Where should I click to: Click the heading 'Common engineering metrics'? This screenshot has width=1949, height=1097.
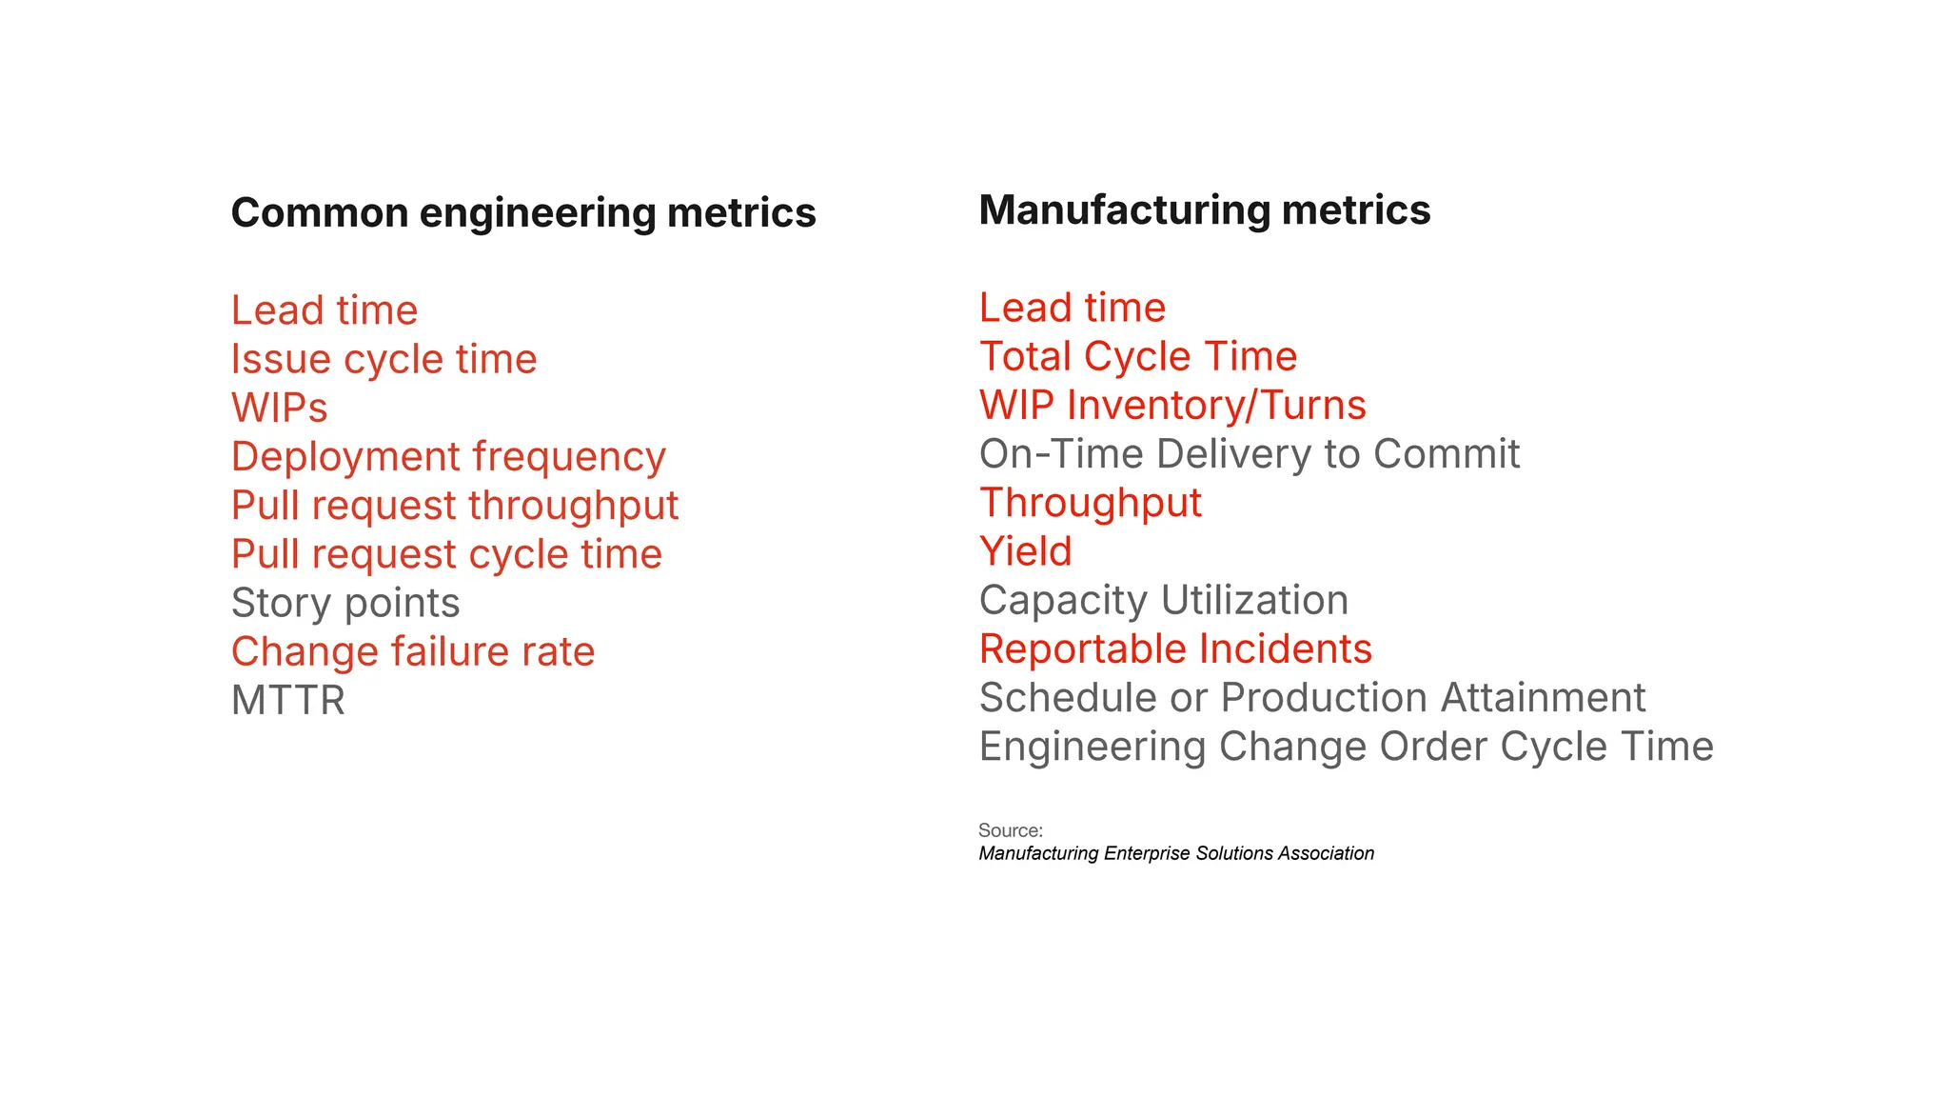(523, 212)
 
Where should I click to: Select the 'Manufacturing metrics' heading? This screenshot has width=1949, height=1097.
(1204, 209)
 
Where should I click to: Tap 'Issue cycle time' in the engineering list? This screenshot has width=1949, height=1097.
(384, 359)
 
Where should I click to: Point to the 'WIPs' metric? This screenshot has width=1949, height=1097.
(279, 409)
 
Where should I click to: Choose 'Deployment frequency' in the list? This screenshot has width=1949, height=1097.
(448, 457)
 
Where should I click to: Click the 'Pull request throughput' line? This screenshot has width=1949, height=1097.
(455, 506)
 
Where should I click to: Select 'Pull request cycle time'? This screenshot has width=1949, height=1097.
(446, 554)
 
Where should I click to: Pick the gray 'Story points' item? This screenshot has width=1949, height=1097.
(345, 603)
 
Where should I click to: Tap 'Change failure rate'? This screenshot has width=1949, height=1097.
(413, 651)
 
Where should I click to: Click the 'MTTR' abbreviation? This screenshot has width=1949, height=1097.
(287, 701)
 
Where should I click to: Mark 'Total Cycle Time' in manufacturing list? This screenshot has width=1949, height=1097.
(1138, 356)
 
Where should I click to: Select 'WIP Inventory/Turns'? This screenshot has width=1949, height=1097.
(1172, 405)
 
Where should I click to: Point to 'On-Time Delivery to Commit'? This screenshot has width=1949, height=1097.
(1250, 454)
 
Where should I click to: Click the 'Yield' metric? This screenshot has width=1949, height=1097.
(1026, 551)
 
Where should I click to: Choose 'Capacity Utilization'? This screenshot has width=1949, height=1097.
(1164, 600)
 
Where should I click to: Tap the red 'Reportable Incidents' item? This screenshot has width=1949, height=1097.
(1175, 648)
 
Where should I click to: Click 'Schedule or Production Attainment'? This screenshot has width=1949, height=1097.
(1312, 698)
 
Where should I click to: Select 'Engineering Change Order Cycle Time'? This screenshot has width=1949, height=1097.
(1346, 747)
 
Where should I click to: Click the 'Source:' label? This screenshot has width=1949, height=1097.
(1011, 830)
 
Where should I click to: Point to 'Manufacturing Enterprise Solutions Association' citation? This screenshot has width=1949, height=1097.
(1176, 853)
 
